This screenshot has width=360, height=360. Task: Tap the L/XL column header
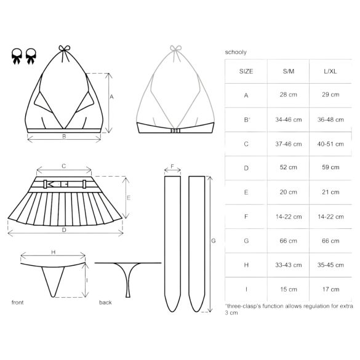coord(331,71)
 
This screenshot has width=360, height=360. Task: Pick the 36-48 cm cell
coord(331,119)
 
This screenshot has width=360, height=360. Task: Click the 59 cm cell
coord(331,167)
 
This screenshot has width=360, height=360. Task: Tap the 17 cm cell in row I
coord(331,289)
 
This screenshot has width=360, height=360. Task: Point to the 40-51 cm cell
coord(331,143)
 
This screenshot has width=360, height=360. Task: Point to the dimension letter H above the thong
coord(53,252)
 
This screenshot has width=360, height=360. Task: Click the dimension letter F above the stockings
coord(172,166)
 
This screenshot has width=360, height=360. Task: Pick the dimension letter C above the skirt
coord(63,166)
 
